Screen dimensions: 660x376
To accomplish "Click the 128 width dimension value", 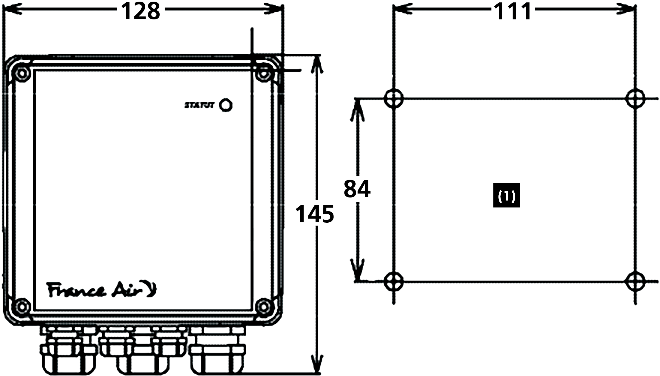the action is coord(141,12).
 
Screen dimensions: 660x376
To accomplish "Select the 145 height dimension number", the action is coord(314,214).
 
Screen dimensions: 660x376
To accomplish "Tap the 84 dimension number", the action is coord(357,189).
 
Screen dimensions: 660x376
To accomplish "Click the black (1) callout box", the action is coord(507,195).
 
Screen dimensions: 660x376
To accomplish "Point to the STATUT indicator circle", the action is coord(226,105).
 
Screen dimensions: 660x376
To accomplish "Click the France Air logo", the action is coord(102,290).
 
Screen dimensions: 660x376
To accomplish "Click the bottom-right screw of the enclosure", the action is coord(263,307).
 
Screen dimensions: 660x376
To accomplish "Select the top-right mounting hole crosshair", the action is coord(635,98).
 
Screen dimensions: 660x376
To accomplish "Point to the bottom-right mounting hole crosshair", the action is coord(635,281).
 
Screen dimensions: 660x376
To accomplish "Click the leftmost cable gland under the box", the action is coord(68,351).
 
